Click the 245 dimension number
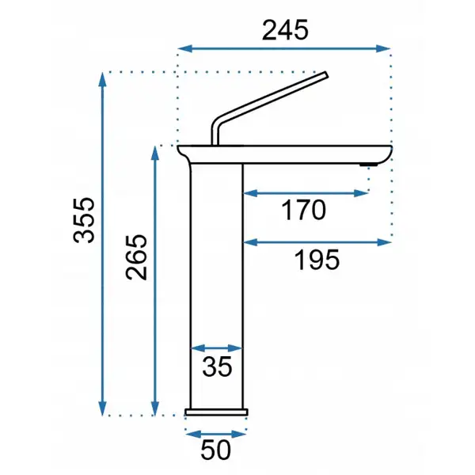tap(285, 30)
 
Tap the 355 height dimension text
tap(84, 220)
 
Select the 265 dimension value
tap(136, 256)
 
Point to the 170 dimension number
tap(303, 210)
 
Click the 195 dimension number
tap(317, 260)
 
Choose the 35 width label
tap(217, 367)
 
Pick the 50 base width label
tap(215, 450)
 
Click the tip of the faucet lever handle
tap(326, 74)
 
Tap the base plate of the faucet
tap(216, 412)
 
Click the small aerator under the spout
tap(369, 165)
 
